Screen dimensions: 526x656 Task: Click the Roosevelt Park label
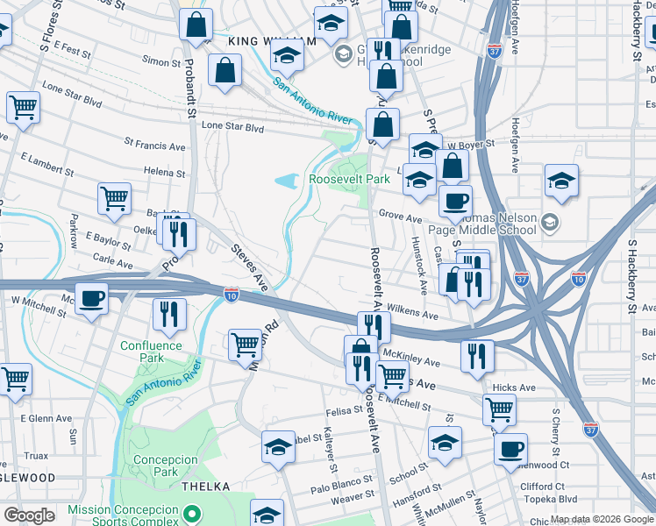click(349, 179)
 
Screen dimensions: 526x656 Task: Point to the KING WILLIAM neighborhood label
click(271, 41)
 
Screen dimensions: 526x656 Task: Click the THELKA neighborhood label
click(205, 486)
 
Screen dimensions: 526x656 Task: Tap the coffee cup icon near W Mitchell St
click(91, 299)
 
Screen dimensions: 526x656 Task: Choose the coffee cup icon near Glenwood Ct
click(510, 449)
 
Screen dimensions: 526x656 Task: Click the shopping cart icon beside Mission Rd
click(245, 343)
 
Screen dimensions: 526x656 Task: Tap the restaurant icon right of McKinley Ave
click(476, 354)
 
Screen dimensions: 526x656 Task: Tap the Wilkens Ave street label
click(417, 313)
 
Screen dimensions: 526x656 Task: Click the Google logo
click(29, 515)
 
